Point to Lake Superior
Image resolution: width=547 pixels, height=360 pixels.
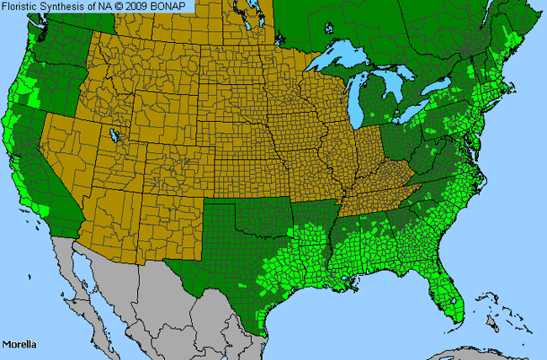pos(345,61)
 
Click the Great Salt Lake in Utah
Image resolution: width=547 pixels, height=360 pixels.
pos(112,135)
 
